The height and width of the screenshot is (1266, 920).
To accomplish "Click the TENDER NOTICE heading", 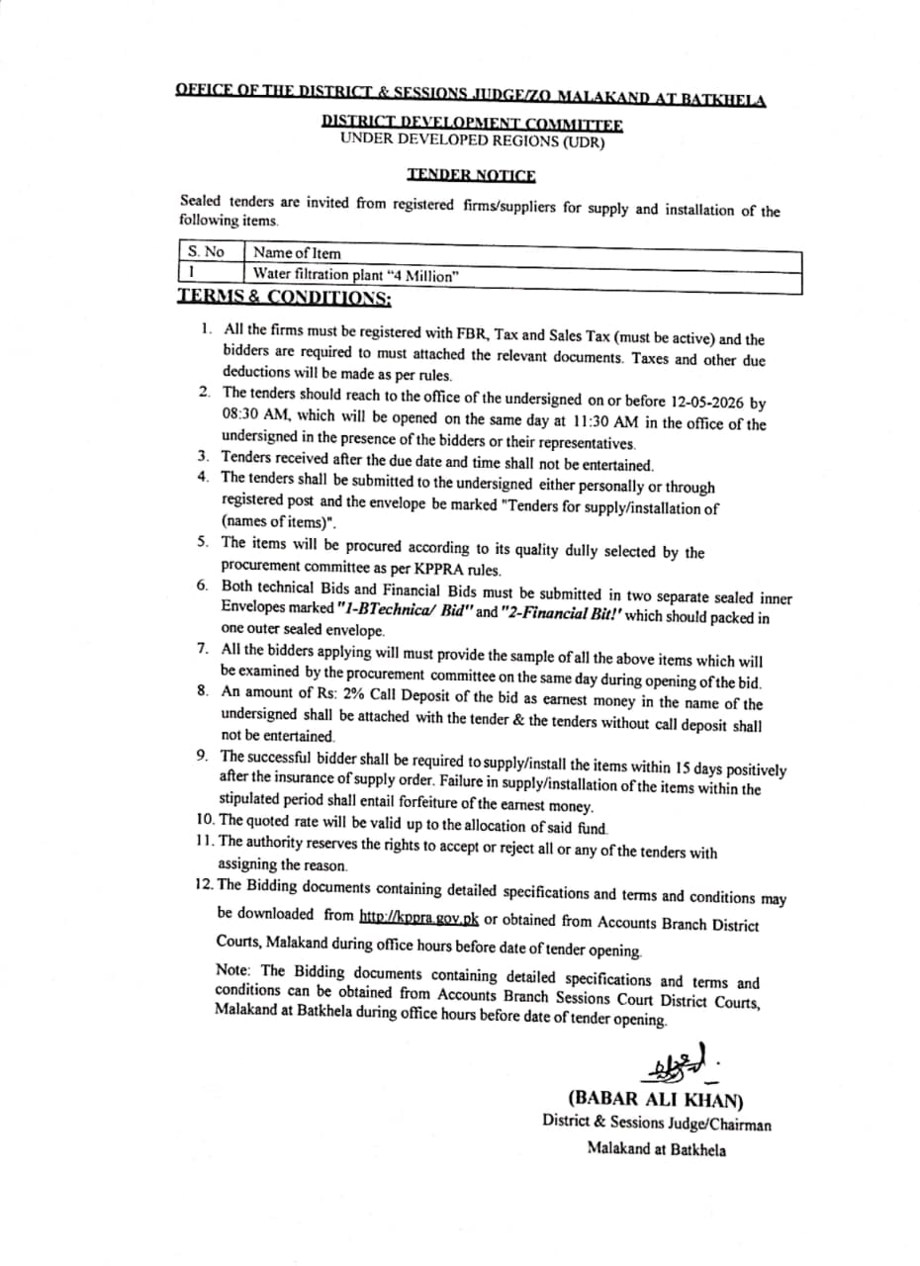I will (x=471, y=175).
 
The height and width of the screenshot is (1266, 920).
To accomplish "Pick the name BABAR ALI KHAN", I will (x=654, y=1099).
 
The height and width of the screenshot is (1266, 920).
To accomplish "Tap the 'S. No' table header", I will (x=207, y=252).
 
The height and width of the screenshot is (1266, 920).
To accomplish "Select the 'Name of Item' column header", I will (x=297, y=253).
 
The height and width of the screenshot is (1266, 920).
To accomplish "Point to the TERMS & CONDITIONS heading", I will (x=285, y=297).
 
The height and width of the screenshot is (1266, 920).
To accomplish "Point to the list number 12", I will (x=205, y=883).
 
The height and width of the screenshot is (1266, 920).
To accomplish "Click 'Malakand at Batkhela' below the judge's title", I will (x=656, y=1149).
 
